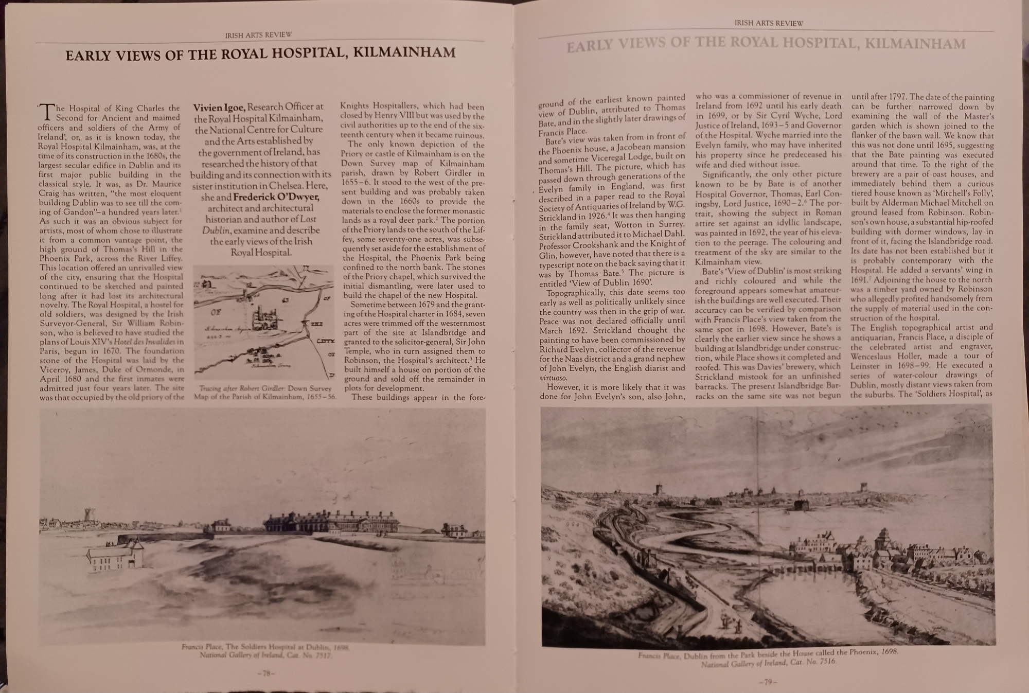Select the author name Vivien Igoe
pyautogui.click(x=220, y=108)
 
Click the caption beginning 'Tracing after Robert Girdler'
pyautogui.click(x=265, y=392)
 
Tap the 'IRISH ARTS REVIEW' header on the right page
pyautogui.click(x=768, y=23)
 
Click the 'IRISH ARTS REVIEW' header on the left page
pyautogui.click(x=258, y=35)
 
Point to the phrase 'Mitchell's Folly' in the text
pyautogui.click(x=962, y=193)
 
